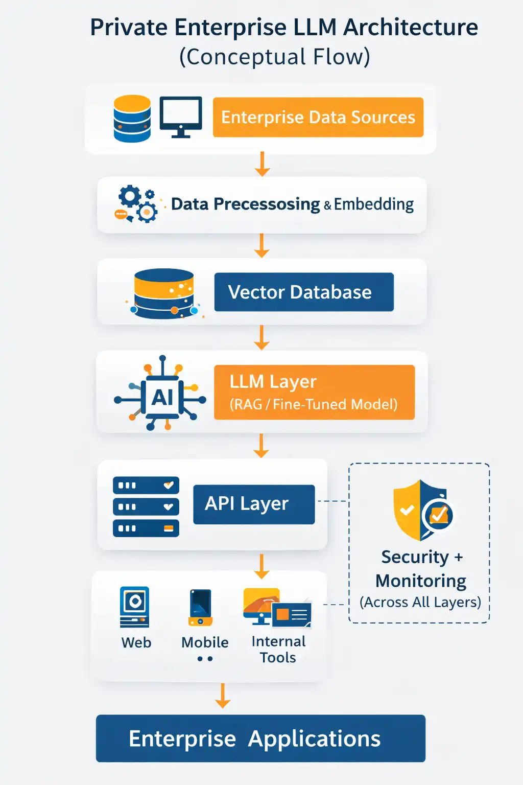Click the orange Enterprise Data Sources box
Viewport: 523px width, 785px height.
pyautogui.click(x=318, y=117)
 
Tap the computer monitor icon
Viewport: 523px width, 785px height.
pyautogui.click(x=181, y=117)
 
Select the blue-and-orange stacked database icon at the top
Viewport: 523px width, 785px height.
pyautogui.click(x=132, y=119)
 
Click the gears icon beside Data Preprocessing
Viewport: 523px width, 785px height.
pyautogui.click(x=136, y=204)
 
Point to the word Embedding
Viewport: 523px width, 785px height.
pyautogui.click(x=374, y=204)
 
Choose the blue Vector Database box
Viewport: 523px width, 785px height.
pyautogui.click(x=304, y=292)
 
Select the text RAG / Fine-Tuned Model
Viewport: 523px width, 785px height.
pyautogui.click(x=314, y=405)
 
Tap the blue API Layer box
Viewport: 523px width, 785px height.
pyautogui.click(x=254, y=504)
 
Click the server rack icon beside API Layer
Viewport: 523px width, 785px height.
pyautogui.click(x=146, y=506)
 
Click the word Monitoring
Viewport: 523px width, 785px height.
pyautogui.click(x=421, y=581)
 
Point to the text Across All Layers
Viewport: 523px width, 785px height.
pyautogui.click(x=420, y=603)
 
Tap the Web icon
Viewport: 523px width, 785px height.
pyautogui.click(x=135, y=607)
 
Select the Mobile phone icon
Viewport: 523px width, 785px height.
pyautogui.click(x=201, y=607)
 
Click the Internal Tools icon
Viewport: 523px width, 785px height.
pyautogui.click(x=276, y=608)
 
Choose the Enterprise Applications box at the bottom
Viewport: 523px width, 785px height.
pyautogui.click(x=260, y=738)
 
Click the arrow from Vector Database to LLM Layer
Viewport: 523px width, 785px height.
pyautogui.click(x=261, y=338)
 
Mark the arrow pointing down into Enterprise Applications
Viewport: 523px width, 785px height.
pyautogui.click(x=223, y=696)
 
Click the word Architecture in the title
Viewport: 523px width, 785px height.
pyautogui.click(x=411, y=28)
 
